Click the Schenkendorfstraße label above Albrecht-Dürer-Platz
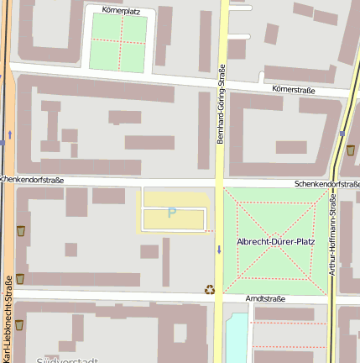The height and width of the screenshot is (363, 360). coord(326,183)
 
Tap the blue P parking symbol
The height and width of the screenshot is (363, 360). coord(172,213)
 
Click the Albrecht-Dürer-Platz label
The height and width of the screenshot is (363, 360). coord(276,242)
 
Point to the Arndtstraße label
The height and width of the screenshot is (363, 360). coord(266,299)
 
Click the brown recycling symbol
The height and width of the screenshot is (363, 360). coord(209,290)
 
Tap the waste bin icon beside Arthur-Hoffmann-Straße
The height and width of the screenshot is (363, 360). coord(350,151)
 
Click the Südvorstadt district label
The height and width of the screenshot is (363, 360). coord(68,359)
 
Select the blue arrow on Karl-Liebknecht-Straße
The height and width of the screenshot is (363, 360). coord(9,134)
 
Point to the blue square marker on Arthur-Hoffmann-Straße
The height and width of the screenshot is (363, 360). coord(342,134)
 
